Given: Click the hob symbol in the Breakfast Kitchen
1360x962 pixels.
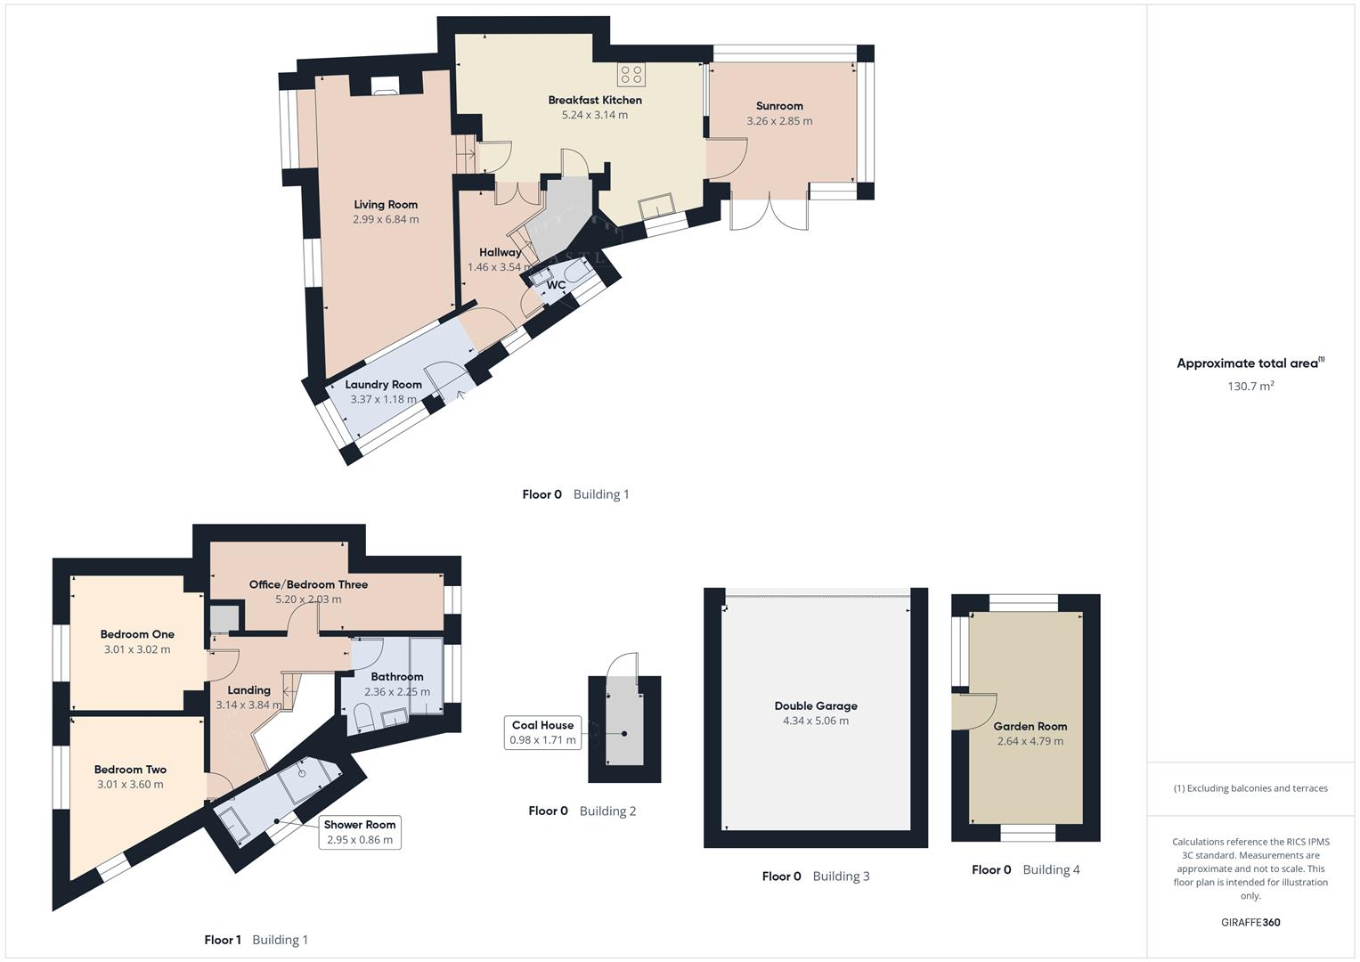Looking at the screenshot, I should [631, 75].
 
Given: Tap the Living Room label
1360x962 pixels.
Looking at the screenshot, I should [386, 204].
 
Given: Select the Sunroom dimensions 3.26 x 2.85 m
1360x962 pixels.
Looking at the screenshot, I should [779, 121].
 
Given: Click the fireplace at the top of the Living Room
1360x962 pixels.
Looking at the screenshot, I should [386, 86].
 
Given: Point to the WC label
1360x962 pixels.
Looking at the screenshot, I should [556, 285].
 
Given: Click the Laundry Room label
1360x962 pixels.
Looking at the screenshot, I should [383, 385].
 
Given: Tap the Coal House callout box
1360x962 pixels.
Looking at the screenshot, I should [542, 732].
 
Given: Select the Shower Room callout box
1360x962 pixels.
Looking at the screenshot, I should [360, 832].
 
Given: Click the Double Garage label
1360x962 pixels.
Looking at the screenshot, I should [816, 705].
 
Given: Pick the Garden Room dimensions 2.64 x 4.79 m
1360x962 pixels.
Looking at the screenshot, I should [1030, 741].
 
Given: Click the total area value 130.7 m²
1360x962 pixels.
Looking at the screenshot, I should [1250, 387].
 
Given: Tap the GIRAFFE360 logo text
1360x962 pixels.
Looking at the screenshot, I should [1250, 922].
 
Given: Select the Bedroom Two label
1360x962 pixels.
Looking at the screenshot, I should [130, 770].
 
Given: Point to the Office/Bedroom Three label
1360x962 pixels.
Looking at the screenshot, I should [308, 584].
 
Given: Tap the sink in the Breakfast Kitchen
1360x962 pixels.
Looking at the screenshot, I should [658, 205].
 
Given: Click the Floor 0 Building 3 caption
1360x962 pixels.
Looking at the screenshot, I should [816, 876].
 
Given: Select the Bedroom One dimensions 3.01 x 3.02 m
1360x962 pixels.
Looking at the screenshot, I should [137, 649].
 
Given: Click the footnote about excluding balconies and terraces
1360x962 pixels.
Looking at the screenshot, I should [1250, 788].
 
